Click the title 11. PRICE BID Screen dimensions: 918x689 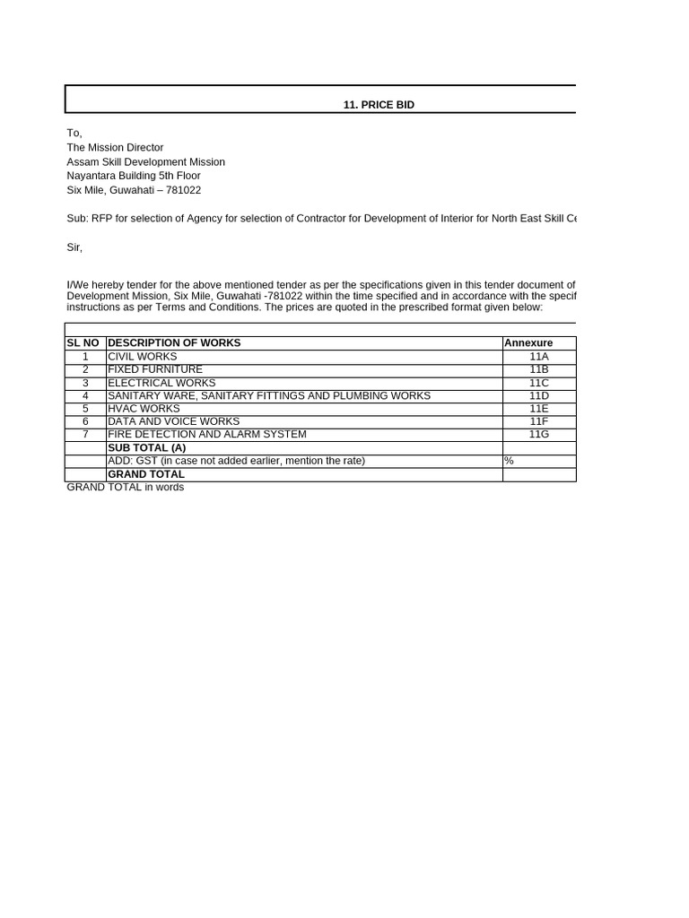click(379, 105)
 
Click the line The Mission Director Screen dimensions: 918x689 click(115, 147)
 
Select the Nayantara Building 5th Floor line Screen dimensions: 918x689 click(134, 176)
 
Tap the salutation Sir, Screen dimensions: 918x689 click(74, 247)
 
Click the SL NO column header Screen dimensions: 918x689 click(83, 342)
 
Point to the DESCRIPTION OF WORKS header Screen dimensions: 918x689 click(174, 342)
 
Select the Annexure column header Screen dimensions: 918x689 click(528, 343)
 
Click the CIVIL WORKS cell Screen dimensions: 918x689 click(143, 357)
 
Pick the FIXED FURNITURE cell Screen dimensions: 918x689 click(155, 369)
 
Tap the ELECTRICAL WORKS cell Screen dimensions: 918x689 click(161, 383)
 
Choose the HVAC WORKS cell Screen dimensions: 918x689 click(144, 408)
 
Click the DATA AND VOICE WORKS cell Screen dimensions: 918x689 click(174, 421)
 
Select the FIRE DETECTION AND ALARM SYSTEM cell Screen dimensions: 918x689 click(207, 434)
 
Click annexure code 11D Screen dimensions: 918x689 click(538, 395)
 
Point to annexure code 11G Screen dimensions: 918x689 click(538, 434)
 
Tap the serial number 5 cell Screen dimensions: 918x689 click(85, 408)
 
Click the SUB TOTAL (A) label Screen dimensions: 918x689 click(147, 447)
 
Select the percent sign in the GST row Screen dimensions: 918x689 click(509, 461)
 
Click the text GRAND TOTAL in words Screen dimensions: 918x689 click(126, 487)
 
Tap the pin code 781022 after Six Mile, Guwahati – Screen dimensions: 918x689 click(183, 190)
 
